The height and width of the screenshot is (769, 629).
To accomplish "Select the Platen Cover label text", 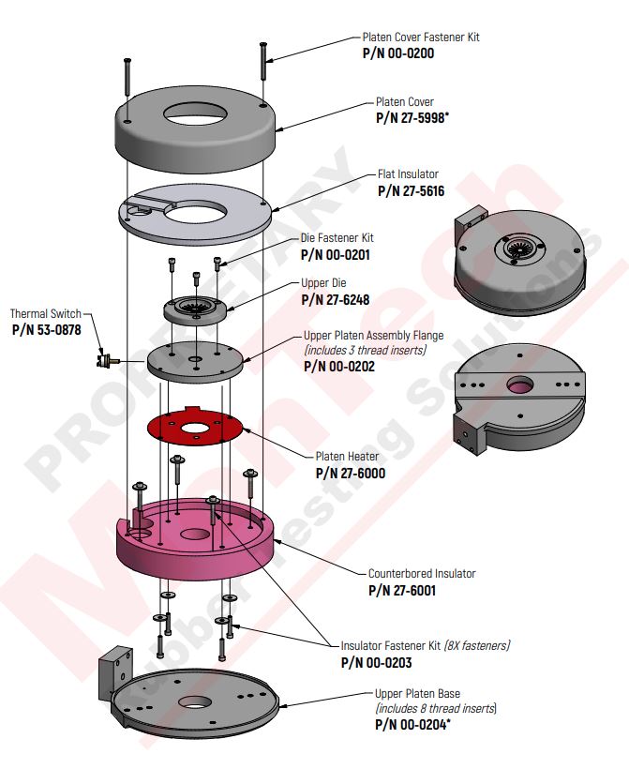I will [404, 102].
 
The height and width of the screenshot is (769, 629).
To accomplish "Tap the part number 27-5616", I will [411, 190].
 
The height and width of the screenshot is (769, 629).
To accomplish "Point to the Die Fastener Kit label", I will [337, 238].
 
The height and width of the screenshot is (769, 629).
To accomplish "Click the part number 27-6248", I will [337, 299].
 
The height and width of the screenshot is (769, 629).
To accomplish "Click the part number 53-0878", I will [46, 329].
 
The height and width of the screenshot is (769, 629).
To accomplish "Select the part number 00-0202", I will [339, 366].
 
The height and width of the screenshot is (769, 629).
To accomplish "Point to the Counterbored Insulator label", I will [422, 574].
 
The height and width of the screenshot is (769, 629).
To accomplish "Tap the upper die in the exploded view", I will [196, 309].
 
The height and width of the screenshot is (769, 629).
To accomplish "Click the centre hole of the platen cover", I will [195, 115].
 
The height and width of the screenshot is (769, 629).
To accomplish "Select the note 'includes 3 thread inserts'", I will [364, 350].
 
